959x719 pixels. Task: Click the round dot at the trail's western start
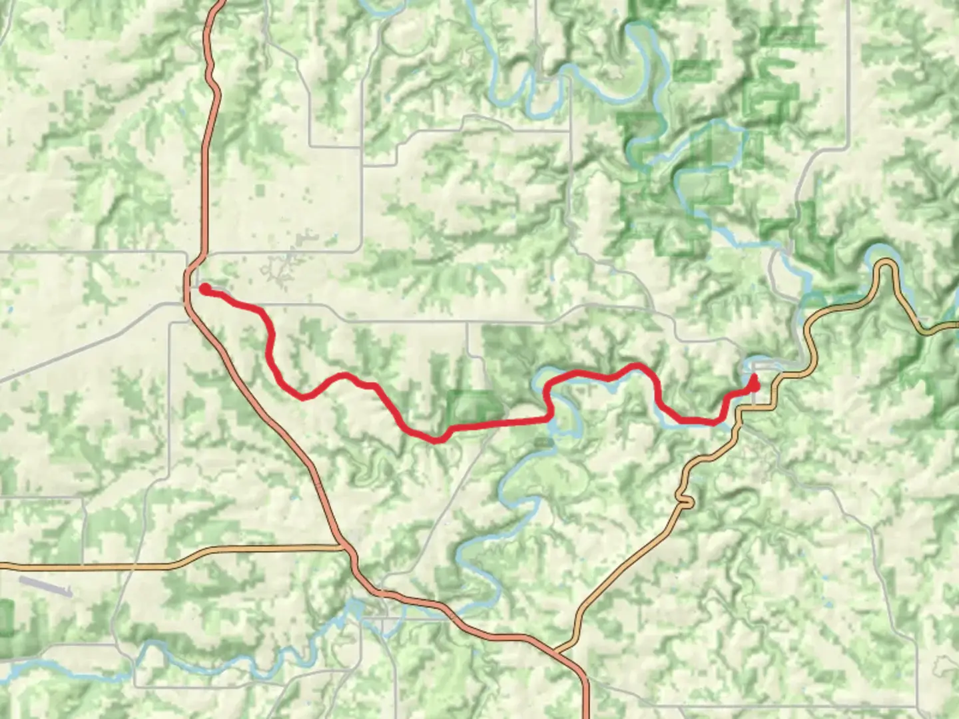point(206,288)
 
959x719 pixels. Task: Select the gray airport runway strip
point(45,586)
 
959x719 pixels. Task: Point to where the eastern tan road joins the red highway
point(558,649)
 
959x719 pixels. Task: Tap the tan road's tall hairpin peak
point(886,264)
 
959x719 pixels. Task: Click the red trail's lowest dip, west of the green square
point(436,439)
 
